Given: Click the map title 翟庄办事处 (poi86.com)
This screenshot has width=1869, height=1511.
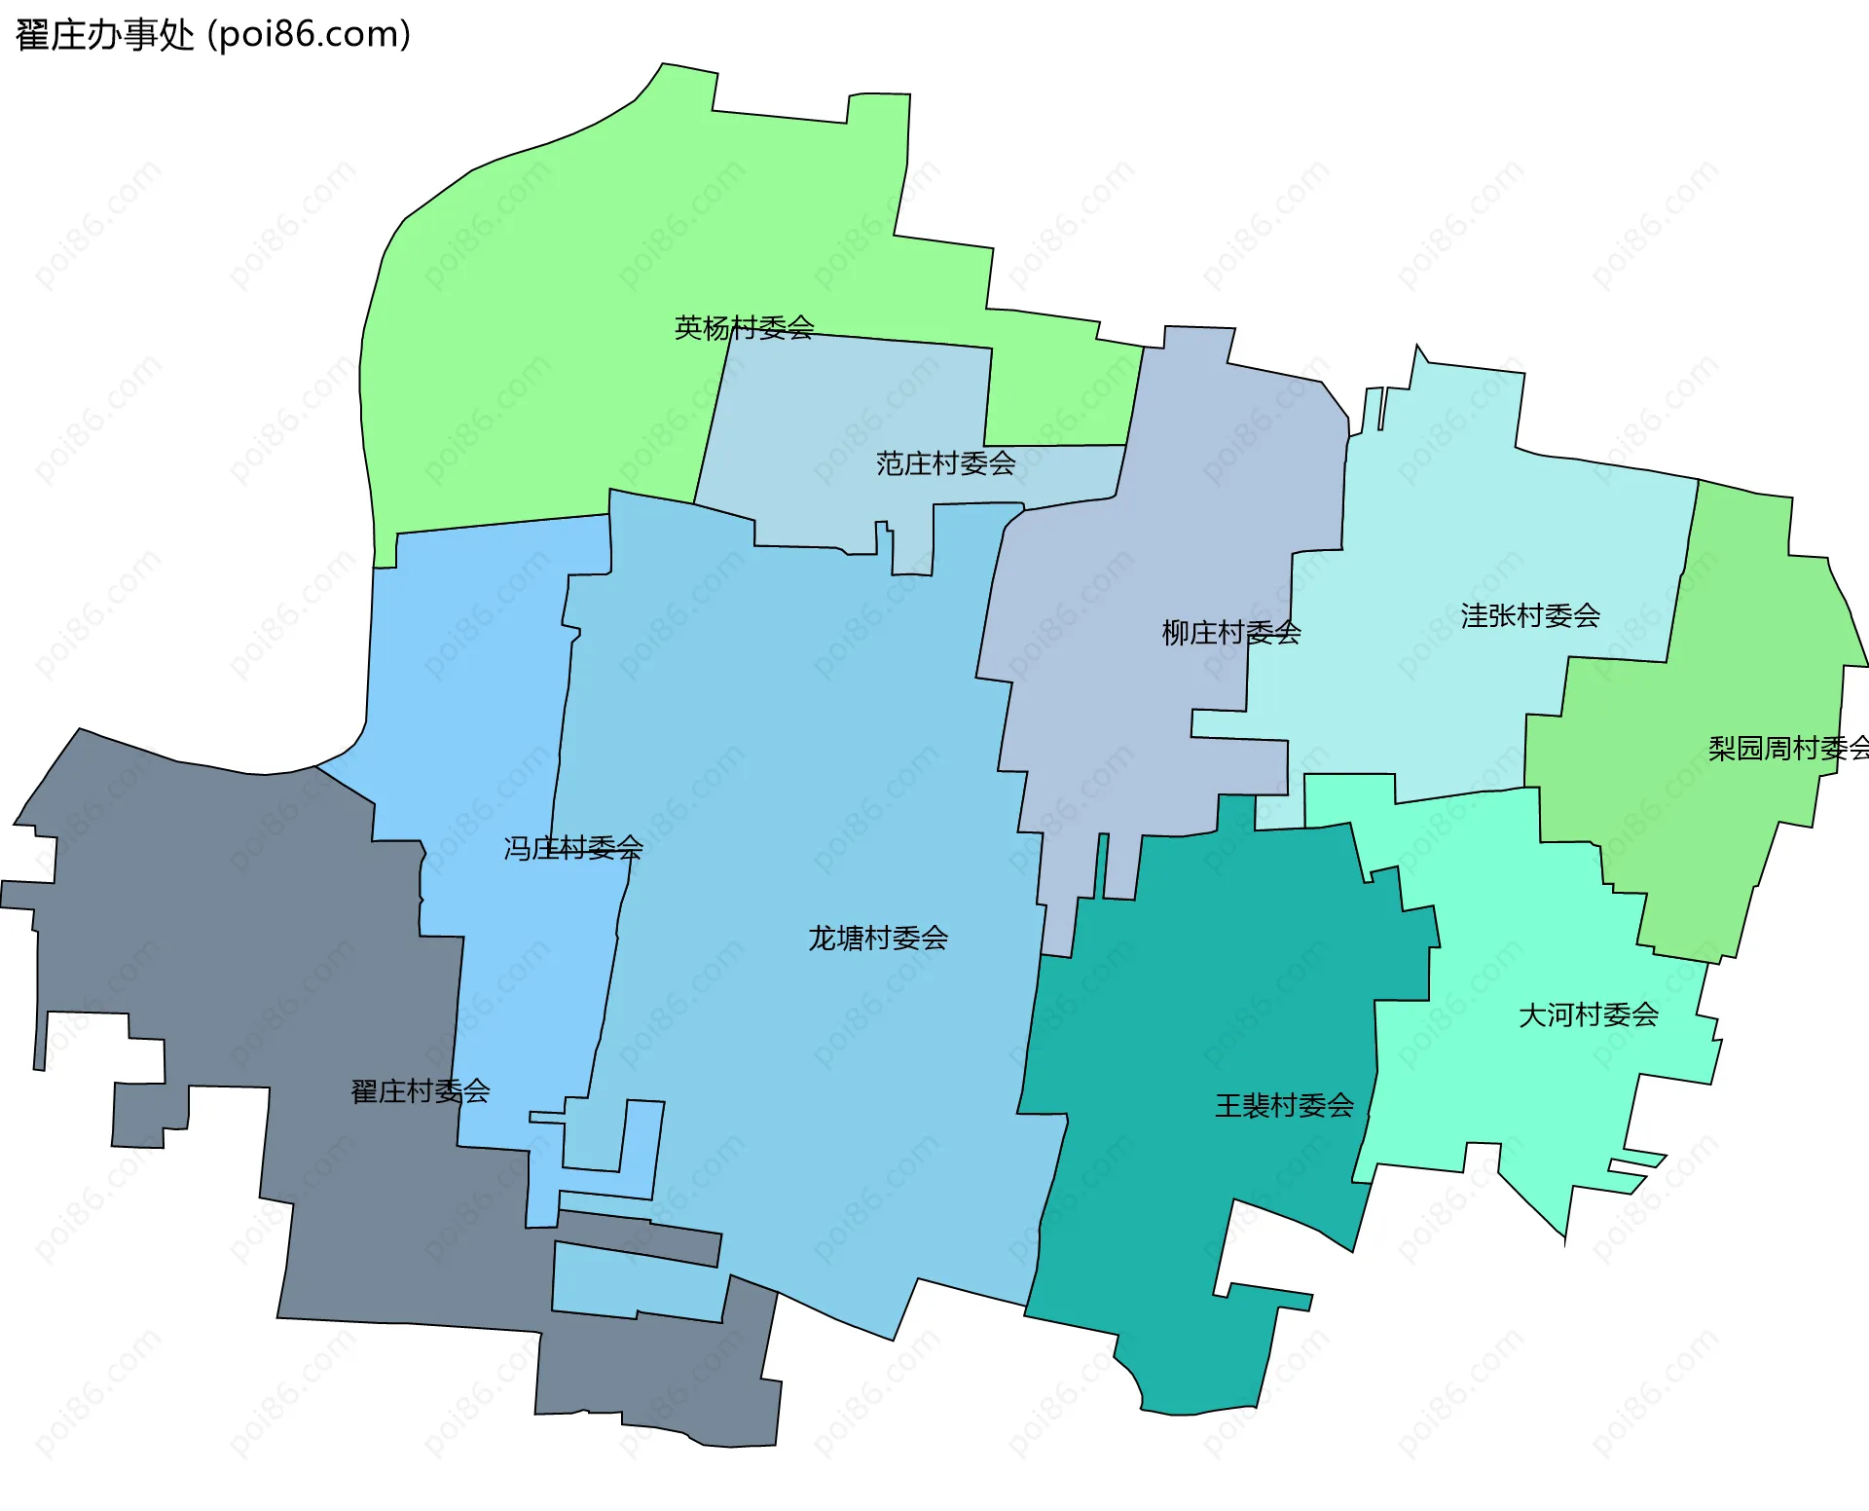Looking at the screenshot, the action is [213, 35].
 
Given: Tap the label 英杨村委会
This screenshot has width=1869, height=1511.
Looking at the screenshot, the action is [744, 327].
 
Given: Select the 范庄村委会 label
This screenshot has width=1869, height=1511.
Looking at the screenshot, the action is [945, 462].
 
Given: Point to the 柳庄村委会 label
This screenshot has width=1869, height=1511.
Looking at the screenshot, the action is [1230, 633].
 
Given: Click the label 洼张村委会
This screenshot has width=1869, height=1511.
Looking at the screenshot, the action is [1530, 615].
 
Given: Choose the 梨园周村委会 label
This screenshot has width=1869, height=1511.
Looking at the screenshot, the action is [1787, 748].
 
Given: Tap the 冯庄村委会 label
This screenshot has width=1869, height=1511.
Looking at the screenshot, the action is [572, 848].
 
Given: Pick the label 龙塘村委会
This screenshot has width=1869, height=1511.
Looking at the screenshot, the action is [877, 938].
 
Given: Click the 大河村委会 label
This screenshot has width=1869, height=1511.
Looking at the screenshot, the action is [1588, 1014].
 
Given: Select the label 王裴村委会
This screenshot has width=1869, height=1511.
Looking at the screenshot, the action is [1284, 1105].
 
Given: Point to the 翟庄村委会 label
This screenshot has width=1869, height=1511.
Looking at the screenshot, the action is [420, 1090].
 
